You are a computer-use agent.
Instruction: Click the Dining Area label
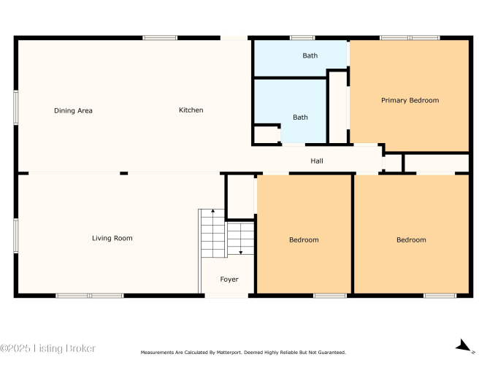point(73,110)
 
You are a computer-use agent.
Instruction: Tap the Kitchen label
point(191,110)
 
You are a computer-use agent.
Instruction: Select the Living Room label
point(112,238)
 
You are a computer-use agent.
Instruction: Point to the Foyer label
point(229,280)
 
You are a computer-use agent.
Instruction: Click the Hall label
point(317,161)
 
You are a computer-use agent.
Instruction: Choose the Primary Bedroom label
point(410,100)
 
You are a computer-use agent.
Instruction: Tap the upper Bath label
point(310,55)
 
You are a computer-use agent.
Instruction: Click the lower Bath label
point(300,117)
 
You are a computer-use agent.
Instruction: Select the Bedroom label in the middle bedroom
point(304,240)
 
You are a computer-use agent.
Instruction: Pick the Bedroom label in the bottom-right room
point(411,240)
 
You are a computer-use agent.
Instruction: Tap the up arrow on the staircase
point(212,211)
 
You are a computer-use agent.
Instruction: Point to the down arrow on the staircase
point(241,253)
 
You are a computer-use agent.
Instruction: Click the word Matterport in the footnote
point(229,353)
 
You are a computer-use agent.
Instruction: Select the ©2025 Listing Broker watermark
point(47,348)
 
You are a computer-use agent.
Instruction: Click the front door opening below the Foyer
point(226,296)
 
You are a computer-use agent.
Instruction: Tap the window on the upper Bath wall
point(302,38)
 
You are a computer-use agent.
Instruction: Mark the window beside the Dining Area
point(16,107)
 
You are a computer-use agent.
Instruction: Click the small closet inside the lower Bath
point(266,134)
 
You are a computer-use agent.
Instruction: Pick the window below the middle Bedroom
point(330,296)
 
